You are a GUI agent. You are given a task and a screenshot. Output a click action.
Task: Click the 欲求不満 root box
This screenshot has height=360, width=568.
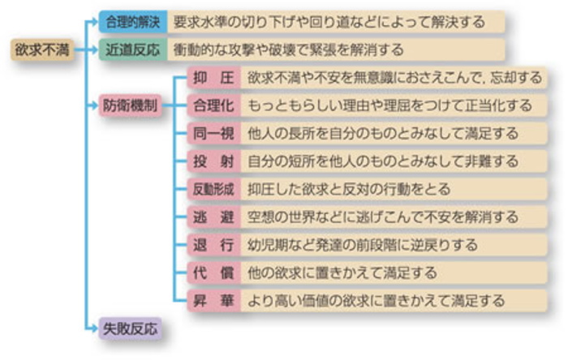[42, 49]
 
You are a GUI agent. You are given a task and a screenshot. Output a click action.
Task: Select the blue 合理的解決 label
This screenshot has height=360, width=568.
[133, 21]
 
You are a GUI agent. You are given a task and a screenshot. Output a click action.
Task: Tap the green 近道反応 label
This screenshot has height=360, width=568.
[133, 49]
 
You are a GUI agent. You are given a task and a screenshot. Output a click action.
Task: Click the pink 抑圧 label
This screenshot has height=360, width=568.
[213, 78]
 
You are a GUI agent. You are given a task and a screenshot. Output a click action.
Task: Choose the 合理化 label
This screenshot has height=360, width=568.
[213, 105]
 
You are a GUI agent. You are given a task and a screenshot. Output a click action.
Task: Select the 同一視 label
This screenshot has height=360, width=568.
[213, 133]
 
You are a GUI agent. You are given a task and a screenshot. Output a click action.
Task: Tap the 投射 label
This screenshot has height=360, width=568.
[213, 161]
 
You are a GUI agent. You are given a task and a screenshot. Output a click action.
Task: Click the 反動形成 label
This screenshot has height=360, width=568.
[213, 189]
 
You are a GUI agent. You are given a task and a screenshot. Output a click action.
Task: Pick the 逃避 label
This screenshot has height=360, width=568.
[213, 216]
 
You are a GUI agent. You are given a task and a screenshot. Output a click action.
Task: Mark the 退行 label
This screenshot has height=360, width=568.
[213, 244]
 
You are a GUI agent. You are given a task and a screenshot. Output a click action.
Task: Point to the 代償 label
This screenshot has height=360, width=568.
[213, 272]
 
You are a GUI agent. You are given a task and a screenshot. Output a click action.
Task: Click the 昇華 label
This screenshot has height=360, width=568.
[213, 300]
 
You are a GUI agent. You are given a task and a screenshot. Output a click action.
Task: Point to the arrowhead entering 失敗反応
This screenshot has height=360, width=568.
[94, 328]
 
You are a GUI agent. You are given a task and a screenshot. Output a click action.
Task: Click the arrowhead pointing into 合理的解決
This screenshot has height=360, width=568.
[94, 21]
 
